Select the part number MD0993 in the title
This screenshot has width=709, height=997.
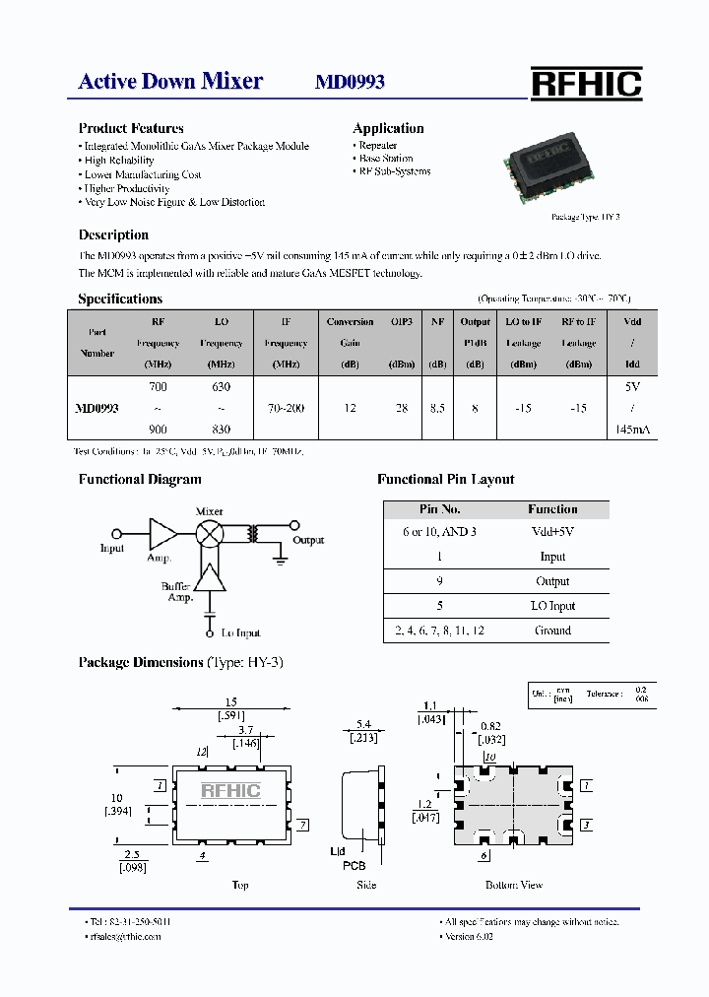coord(350,82)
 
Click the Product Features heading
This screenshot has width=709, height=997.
coord(131,128)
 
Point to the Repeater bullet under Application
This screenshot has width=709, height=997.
coord(377,145)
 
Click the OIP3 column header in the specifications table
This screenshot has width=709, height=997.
coord(402,322)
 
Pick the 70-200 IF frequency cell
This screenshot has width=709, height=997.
coord(287,408)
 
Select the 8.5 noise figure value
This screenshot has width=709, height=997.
coord(437,408)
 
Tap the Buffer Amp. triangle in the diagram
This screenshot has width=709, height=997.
coord(210,578)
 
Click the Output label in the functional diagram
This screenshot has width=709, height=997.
coord(308,540)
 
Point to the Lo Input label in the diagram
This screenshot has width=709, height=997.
coord(241,632)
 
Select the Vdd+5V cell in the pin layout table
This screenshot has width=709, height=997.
coord(551,532)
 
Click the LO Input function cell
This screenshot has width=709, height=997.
coord(551,606)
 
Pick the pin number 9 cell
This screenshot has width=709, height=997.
coord(439,581)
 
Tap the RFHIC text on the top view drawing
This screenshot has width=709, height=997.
coord(230,790)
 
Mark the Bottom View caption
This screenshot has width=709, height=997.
coord(514,885)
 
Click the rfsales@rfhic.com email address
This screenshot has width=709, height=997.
coord(125,936)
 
